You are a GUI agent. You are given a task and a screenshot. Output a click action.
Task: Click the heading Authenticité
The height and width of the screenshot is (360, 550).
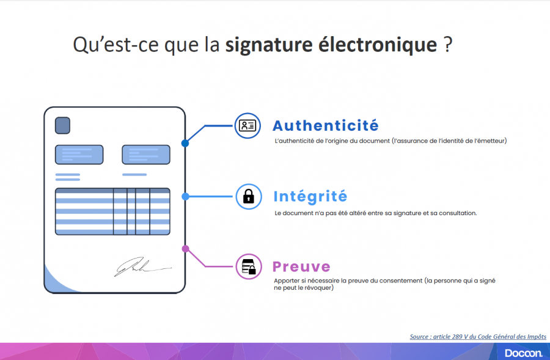click(325, 126)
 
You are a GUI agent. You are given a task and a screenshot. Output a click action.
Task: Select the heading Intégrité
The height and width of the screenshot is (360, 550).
click(310, 196)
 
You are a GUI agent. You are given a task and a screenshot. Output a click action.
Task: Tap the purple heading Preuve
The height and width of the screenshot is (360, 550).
click(301, 266)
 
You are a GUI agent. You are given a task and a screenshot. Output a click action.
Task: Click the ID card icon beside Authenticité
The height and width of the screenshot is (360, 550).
click(248, 125)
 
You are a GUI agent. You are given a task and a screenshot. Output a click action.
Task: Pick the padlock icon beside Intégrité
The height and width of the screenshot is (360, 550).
click(248, 196)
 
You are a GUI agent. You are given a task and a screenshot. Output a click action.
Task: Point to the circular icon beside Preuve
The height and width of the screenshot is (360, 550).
click(248, 266)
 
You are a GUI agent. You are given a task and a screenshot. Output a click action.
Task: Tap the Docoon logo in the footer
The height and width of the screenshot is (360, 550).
click(524, 353)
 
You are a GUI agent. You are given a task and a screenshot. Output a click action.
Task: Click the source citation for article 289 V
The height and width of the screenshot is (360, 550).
click(478, 337)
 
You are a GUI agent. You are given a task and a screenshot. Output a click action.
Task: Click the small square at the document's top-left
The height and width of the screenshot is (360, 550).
click(62, 126)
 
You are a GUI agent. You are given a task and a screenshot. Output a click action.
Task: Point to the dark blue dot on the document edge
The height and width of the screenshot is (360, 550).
click(185, 143)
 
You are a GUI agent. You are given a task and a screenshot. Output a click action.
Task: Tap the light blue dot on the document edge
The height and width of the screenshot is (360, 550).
click(185, 196)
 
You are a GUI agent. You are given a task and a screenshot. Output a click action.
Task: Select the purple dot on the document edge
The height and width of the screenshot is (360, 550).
click(185, 249)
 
